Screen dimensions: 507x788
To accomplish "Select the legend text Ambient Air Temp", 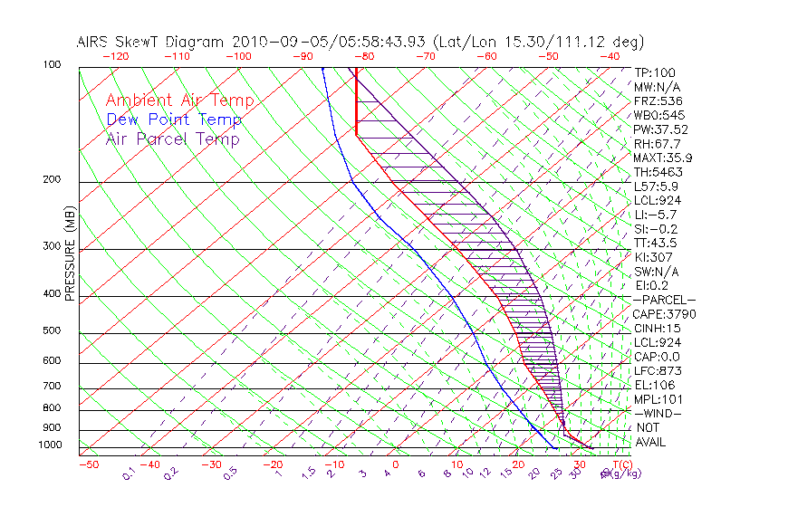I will tap(179, 100).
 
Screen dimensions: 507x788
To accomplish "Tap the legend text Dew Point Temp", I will tap(174, 120).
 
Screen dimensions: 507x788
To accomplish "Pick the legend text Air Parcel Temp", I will tap(172, 139).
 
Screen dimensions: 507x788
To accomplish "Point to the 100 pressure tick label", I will tap(52, 65).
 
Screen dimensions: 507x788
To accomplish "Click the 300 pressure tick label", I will tap(52, 246).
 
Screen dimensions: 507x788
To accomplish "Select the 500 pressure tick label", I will tap(52, 331).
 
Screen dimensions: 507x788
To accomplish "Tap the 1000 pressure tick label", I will tap(49, 445).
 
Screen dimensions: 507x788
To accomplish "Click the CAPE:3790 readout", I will tap(664, 314).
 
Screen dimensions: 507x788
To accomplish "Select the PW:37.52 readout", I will tap(660, 129).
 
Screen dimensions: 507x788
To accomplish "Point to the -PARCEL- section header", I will tap(664, 300).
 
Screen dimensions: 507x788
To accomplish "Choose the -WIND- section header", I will tap(658, 413).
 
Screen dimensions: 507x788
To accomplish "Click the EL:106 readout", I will tap(656, 385).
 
